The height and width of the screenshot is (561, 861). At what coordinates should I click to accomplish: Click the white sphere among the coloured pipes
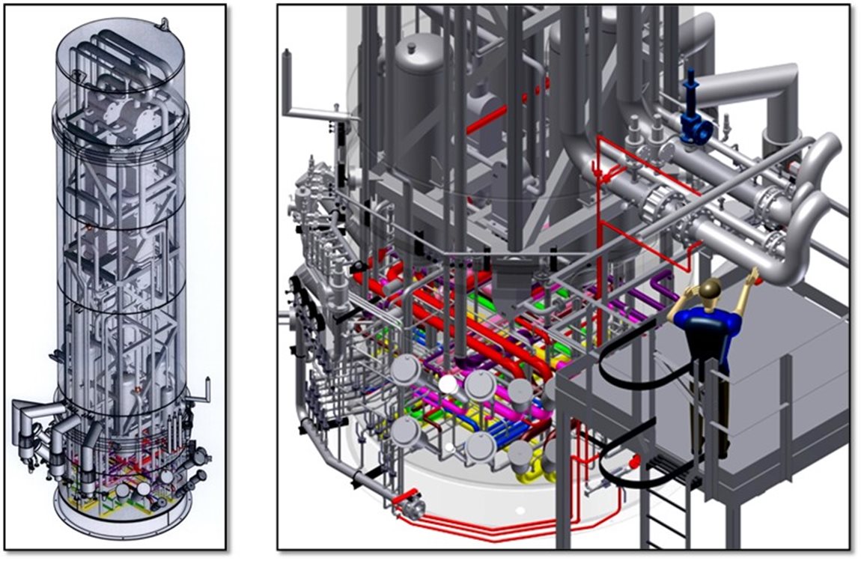448,385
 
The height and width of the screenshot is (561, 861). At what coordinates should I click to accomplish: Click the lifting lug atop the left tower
158,24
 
